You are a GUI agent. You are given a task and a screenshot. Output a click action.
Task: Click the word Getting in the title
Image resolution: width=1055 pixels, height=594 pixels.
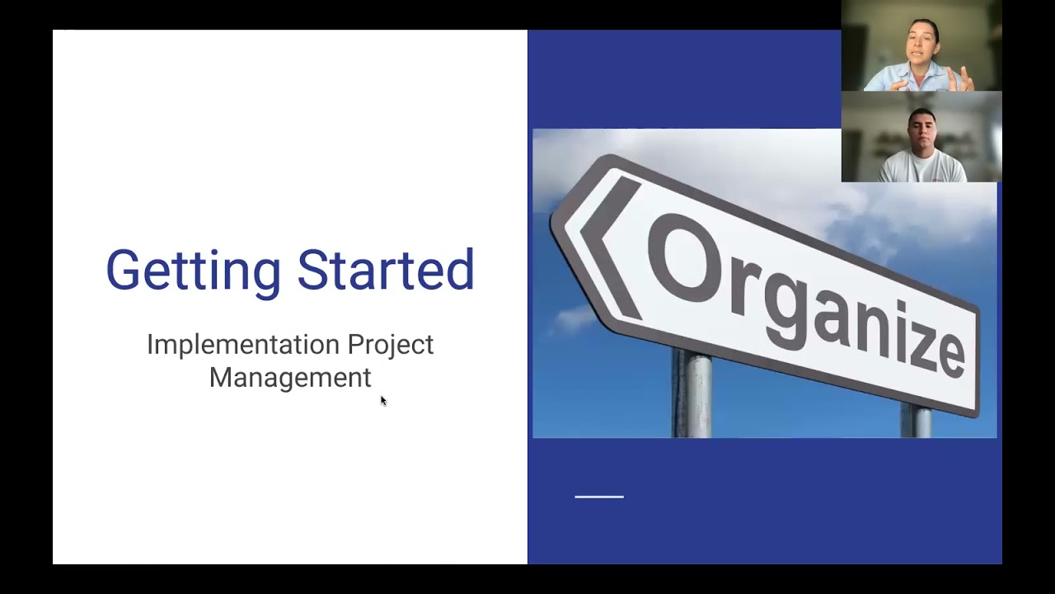(x=193, y=271)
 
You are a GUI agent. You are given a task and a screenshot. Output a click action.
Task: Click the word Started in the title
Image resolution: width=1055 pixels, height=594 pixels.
(x=385, y=270)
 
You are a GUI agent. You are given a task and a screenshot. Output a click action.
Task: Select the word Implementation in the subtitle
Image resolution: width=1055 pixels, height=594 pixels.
(x=243, y=344)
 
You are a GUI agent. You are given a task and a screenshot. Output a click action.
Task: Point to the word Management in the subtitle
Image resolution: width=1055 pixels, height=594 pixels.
(x=290, y=377)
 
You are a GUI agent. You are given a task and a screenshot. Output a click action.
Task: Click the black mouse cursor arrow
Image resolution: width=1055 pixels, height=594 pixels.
(x=382, y=400)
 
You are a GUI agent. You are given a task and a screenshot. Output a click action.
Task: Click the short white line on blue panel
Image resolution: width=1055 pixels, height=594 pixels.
(x=599, y=497)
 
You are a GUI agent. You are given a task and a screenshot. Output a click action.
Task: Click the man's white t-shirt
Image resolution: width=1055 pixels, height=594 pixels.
(x=921, y=168)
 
